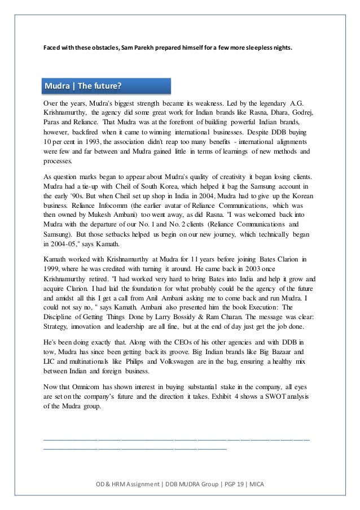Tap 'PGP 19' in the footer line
pyautogui.click(x=225, y=485)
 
